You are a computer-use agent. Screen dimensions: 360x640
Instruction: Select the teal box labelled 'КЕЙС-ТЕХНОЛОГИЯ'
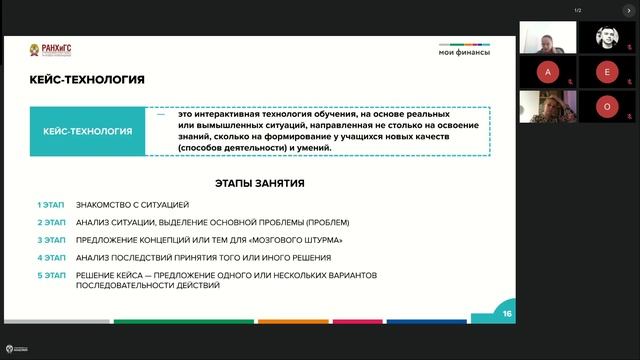[89, 131]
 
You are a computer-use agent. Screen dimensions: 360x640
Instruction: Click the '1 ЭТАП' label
[51, 204]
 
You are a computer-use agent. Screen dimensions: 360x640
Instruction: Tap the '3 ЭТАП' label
[51, 240]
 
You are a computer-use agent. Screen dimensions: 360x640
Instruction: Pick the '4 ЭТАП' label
[51, 257]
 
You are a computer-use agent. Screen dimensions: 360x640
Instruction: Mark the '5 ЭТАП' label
[51, 275]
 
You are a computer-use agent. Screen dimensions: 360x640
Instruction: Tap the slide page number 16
[508, 314]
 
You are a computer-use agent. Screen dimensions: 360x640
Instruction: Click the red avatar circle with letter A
[547, 72]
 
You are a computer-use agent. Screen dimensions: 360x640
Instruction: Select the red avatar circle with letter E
[607, 72]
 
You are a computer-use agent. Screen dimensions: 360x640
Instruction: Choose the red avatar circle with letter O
[607, 106]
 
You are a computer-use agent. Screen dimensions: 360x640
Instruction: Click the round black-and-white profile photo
[607, 38]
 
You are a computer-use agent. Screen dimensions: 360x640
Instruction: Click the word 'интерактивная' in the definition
[224, 114]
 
